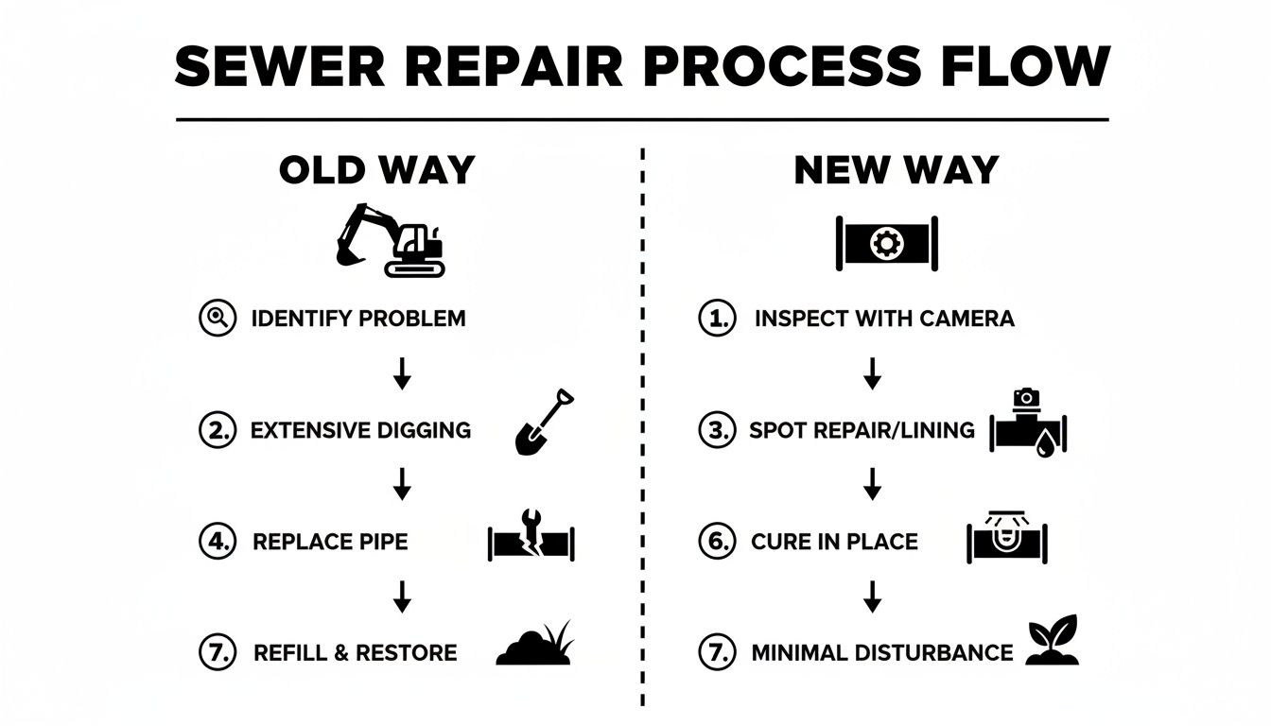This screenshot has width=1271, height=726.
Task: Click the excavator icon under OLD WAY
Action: click(391, 240)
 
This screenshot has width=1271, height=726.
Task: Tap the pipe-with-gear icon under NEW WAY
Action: click(886, 243)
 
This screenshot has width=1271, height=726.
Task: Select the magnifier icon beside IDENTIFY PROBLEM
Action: click(217, 319)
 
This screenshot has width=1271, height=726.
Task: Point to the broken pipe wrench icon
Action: click(531, 540)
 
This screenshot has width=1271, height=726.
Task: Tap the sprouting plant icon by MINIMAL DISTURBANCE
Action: click(1053, 641)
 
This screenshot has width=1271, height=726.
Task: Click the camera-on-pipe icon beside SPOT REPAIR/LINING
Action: click(1028, 424)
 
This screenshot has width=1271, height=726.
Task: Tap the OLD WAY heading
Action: click(377, 170)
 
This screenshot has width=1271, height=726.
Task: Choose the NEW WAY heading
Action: click(897, 170)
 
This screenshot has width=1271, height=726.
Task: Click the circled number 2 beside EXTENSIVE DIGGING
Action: click(217, 430)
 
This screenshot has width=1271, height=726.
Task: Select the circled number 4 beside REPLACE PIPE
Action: click(217, 542)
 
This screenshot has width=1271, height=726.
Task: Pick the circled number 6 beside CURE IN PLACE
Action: click(717, 542)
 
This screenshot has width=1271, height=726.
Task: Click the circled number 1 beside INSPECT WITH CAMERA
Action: click(717, 319)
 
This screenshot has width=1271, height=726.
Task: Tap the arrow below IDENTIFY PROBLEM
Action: click(402, 373)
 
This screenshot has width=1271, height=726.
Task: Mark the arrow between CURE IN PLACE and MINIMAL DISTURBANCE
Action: click(873, 596)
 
